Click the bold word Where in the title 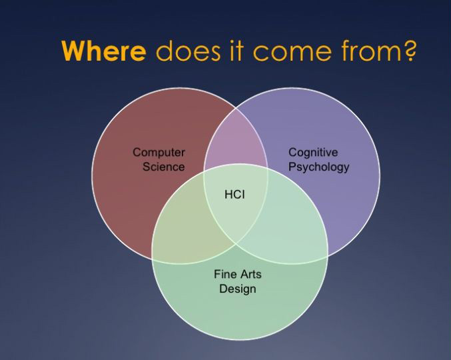pyautogui.click(x=104, y=51)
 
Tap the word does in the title pyautogui.click(x=188, y=51)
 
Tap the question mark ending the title pyautogui.click(x=409, y=51)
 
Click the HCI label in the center pyautogui.click(x=234, y=195)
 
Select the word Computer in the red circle pyautogui.click(x=159, y=153)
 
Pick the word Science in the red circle pyautogui.click(x=164, y=167)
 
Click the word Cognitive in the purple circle pyautogui.click(x=313, y=153)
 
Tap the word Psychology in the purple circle pyautogui.click(x=318, y=167)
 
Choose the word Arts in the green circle pyautogui.click(x=250, y=274)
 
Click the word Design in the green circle pyautogui.click(x=238, y=289)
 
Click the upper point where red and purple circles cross pyautogui.click(x=236, y=109)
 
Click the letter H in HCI pyautogui.click(x=228, y=195)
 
